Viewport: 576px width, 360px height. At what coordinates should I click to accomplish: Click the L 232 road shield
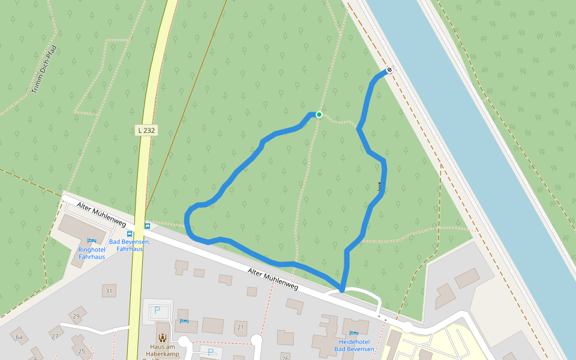click(x=146, y=130)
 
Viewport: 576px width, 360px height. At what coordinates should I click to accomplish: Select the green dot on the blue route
click(x=319, y=115)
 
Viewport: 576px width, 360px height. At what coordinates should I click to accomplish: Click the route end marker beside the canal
click(x=389, y=70)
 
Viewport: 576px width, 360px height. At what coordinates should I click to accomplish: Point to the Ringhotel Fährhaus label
click(x=92, y=253)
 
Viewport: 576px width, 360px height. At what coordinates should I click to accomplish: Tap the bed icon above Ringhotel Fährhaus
click(x=92, y=241)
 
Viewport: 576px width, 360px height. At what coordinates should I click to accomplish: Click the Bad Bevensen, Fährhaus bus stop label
click(x=130, y=245)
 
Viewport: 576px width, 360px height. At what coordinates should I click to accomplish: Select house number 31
click(x=109, y=292)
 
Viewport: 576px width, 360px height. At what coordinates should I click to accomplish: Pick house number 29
click(x=76, y=316)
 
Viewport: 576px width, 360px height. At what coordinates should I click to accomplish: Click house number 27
click(x=55, y=336)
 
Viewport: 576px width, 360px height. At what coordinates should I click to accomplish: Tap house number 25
click(x=82, y=351)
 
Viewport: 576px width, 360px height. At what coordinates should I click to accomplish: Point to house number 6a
click(x=19, y=337)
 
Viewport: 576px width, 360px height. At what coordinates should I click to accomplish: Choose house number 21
click(x=241, y=327)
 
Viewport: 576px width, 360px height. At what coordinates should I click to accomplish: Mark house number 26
click(x=285, y=341)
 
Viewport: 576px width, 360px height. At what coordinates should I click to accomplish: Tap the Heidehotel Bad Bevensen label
click(x=354, y=345)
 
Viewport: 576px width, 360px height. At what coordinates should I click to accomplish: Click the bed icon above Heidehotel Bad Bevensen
click(x=354, y=332)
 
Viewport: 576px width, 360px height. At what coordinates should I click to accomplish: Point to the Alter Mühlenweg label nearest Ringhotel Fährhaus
click(x=101, y=214)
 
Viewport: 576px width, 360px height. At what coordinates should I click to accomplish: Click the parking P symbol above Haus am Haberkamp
click(x=157, y=310)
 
